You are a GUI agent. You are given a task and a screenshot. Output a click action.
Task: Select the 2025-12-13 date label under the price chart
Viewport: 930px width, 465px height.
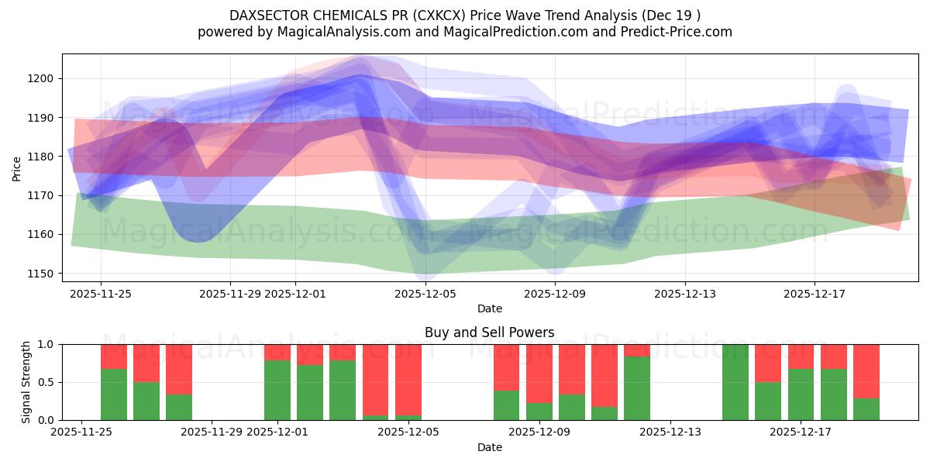pyautogui.click(x=684, y=294)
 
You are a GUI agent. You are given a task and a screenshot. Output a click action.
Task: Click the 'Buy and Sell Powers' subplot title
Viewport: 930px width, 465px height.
pyautogui.click(x=489, y=332)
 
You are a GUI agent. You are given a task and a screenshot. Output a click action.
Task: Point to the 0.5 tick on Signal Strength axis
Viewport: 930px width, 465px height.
pyautogui.click(x=46, y=382)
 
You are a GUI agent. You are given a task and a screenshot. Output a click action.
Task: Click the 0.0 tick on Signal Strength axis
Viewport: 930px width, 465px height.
pyautogui.click(x=46, y=420)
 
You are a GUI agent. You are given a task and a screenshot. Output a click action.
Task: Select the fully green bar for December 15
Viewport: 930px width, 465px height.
pyautogui.click(x=735, y=382)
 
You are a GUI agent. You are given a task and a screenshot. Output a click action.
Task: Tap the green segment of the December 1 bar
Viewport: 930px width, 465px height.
pyautogui.click(x=277, y=390)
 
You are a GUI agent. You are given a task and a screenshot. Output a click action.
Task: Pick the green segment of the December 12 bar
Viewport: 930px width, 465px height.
pyautogui.click(x=637, y=388)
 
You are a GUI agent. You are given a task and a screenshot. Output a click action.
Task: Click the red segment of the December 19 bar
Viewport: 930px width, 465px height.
pyautogui.click(x=866, y=371)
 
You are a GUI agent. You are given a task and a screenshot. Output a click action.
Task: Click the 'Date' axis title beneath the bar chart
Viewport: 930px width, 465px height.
pyautogui.click(x=489, y=447)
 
